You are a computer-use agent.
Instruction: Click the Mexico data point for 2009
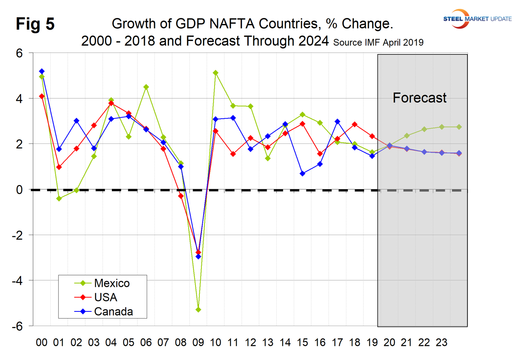tap(198, 310)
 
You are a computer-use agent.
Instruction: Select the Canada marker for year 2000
tap(42, 71)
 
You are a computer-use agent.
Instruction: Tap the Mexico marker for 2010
tap(216, 73)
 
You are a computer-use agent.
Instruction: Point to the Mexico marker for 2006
tap(146, 87)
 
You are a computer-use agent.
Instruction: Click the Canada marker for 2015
tap(303, 174)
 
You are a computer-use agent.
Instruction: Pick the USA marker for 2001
tap(59, 167)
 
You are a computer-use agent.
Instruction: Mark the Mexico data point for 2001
tap(59, 199)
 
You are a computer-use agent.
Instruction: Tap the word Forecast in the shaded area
tap(419, 98)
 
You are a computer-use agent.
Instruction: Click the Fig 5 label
tap(35, 24)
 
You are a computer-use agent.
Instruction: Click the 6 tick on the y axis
tap(19, 53)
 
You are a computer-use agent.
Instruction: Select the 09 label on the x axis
tap(198, 343)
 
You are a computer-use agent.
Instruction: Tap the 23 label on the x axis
tap(442, 343)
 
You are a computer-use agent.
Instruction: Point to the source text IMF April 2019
tap(378, 43)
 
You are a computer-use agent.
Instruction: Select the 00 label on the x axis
tap(41, 343)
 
